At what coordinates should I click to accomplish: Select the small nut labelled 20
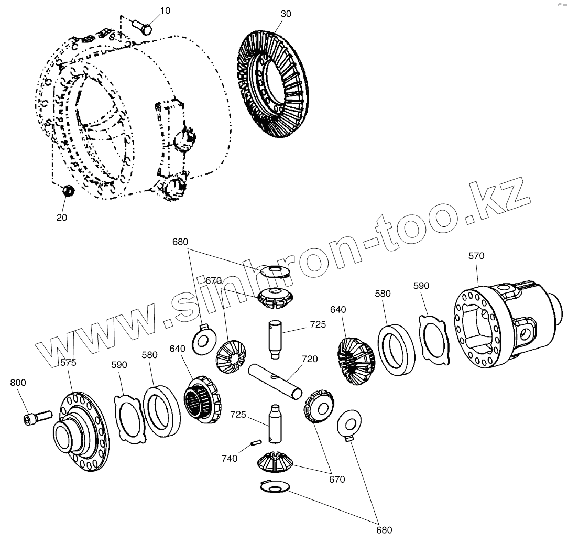(x=67, y=191)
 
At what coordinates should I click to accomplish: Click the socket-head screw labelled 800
(x=36, y=418)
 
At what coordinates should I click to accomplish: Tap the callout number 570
(x=476, y=256)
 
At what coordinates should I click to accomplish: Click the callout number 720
(x=309, y=359)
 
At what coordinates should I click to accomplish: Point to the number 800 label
(x=18, y=383)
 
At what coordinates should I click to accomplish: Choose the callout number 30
(x=286, y=14)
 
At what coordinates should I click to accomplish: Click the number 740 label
(x=230, y=458)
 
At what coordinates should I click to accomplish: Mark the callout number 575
(x=68, y=362)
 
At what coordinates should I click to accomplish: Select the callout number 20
(x=62, y=218)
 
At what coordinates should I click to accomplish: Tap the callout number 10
(x=165, y=10)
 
